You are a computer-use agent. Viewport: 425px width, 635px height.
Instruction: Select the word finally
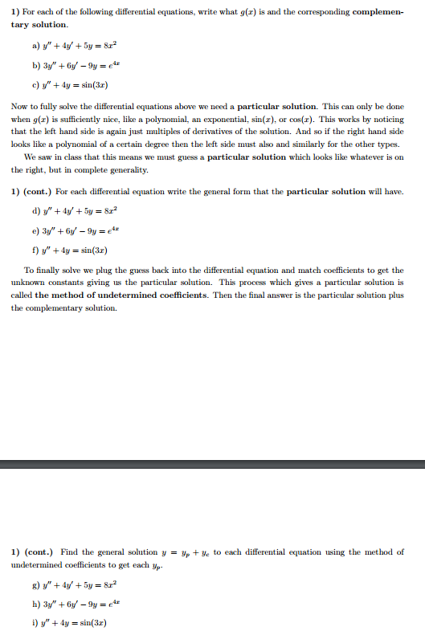[x=51, y=271]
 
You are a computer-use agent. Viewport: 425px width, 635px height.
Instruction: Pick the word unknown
[x=28, y=283]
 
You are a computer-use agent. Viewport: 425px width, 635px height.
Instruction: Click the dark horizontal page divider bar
[x=212, y=464]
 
